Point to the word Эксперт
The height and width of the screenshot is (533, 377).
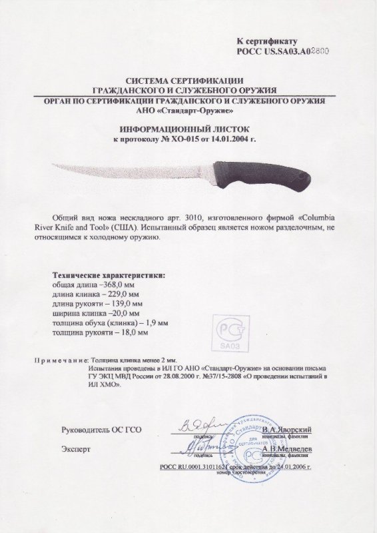coord(75,450)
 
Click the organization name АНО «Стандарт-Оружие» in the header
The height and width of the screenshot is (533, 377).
coord(188,110)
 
